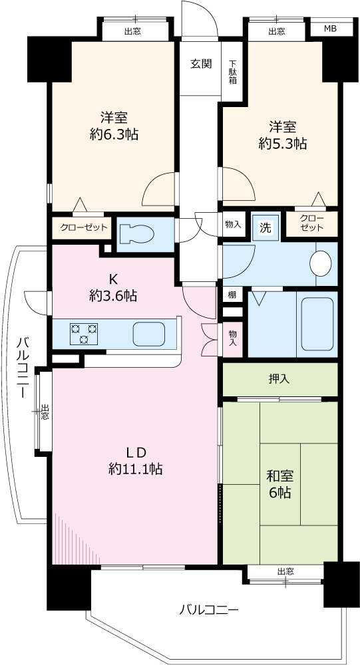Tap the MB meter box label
click(331, 29)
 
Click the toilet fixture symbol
click(136, 234)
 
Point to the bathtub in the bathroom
click(317, 324)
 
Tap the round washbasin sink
click(321, 263)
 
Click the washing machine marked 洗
click(266, 228)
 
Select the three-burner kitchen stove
click(84, 333)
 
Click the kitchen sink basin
click(149, 334)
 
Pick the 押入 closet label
click(279, 379)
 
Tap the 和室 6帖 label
click(279, 485)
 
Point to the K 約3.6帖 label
click(113, 287)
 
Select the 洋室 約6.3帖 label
click(114, 126)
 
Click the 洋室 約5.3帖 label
click(283, 135)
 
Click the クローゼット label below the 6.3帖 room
click(84, 227)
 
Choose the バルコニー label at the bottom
click(208, 610)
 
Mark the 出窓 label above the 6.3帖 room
click(133, 31)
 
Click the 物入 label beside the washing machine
click(233, 224)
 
